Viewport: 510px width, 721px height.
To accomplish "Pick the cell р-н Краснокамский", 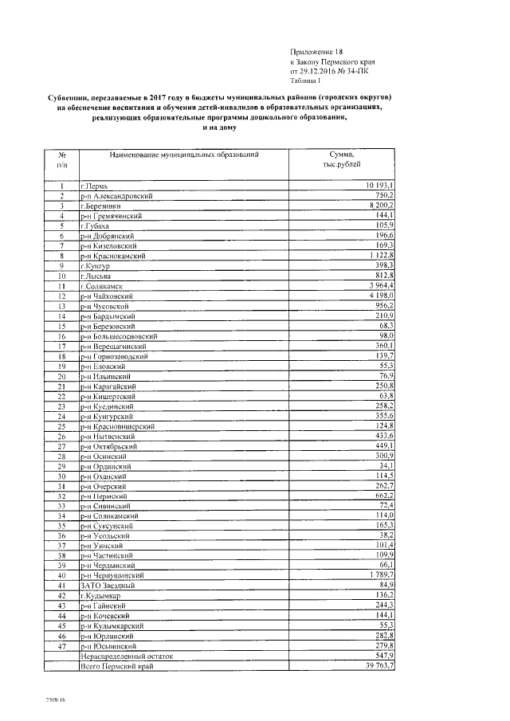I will point(116,256).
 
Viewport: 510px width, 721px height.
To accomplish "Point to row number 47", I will point(61,645).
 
